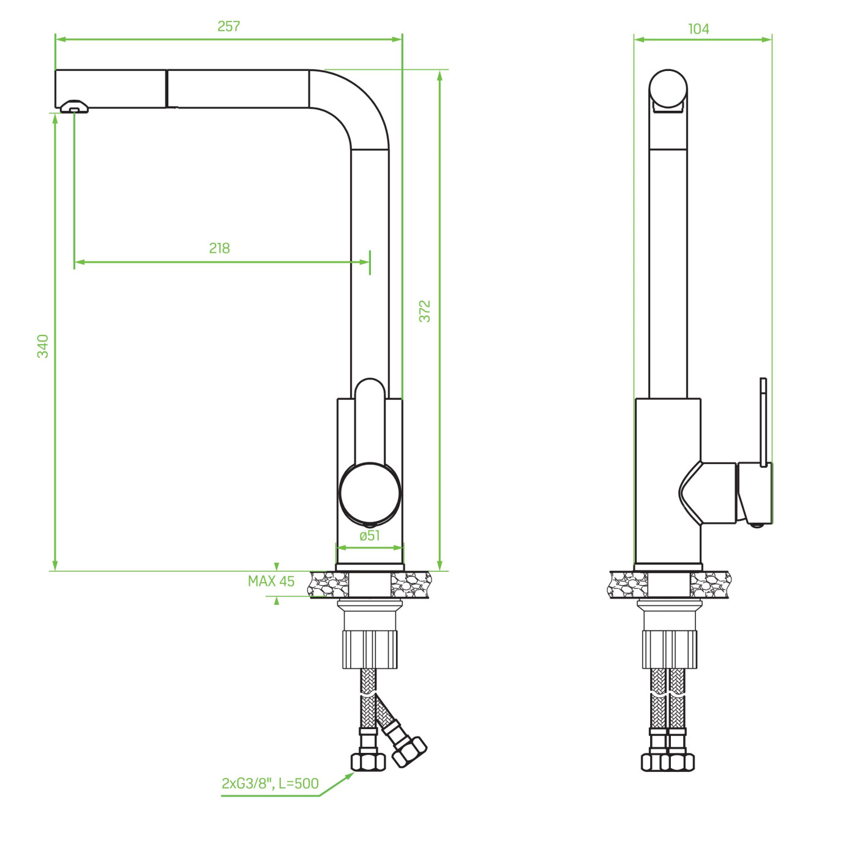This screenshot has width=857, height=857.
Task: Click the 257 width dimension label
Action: point(228,27)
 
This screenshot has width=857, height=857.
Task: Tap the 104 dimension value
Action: point(698,29)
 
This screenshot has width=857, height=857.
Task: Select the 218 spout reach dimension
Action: point(220,248)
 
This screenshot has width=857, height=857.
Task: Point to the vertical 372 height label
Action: point(425,311)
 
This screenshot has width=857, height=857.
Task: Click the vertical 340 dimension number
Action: point(43,346)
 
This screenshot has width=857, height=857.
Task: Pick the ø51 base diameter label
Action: point(370,536)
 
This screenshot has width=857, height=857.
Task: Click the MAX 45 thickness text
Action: point(271,582)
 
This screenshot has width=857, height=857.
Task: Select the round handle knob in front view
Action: point(370,493)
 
